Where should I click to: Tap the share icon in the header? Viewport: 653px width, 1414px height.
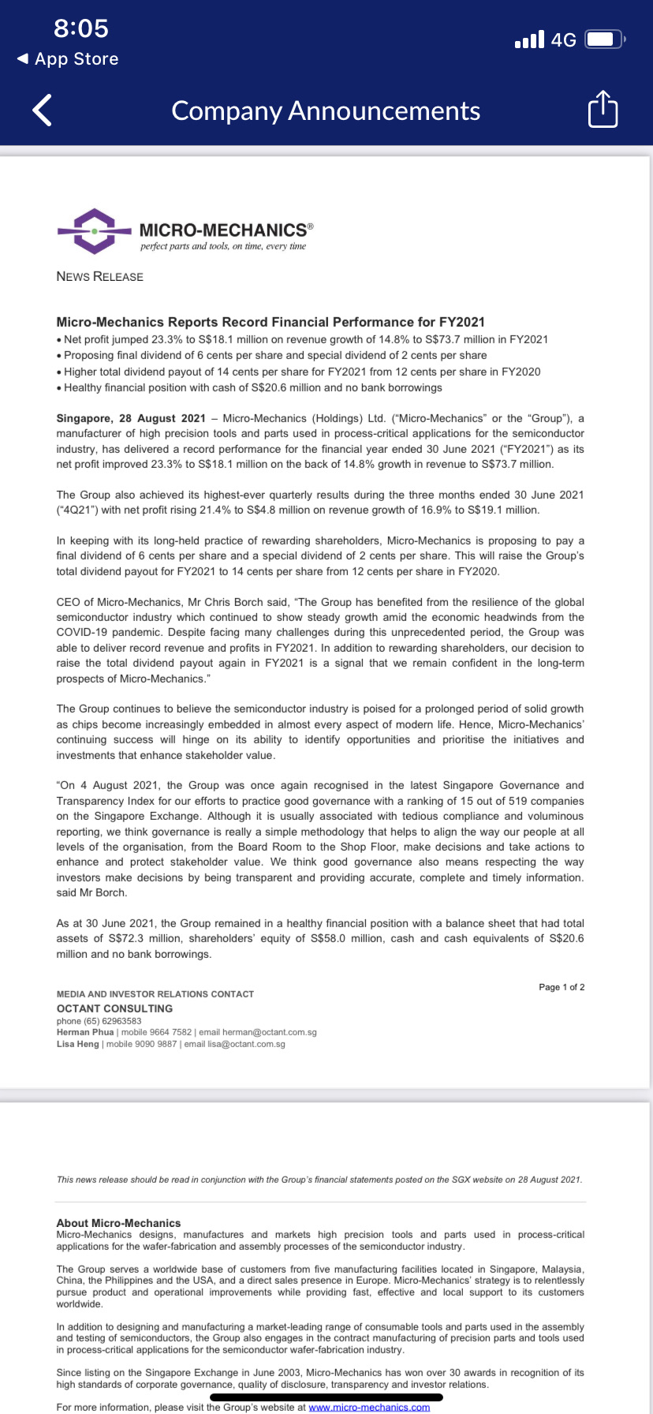[x=603, y=110]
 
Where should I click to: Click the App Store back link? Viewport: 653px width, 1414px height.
[x=68, y=59]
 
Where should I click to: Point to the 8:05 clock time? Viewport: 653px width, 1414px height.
[x=81, y=28]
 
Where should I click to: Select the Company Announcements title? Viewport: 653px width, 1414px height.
[x=326, y=110]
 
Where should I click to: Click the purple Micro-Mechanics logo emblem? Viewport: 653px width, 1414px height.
[x=94, y=231]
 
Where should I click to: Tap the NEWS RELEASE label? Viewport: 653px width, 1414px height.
[x=100, y=276]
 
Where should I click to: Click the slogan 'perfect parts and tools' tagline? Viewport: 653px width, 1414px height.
[x=223, y=246]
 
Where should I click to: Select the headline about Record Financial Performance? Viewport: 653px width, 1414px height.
[x=271, y=322]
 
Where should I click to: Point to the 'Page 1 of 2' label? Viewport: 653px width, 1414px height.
[x=562, y=987]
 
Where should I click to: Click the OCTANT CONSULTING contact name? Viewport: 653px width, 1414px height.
[x=114, y=1008]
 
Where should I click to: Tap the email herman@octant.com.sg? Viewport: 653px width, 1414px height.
[x=269, y=1032]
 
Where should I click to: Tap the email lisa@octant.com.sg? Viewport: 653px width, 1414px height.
[x=246, y=1044]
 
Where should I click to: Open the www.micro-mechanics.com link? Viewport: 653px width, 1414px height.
[x=369, y=1407]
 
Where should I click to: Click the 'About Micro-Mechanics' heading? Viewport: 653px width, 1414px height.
[x=118, y=1223]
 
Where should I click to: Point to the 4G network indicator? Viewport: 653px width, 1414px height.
[x=563, y=40]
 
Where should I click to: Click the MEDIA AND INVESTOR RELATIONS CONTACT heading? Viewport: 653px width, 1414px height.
[x=155, y=994]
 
